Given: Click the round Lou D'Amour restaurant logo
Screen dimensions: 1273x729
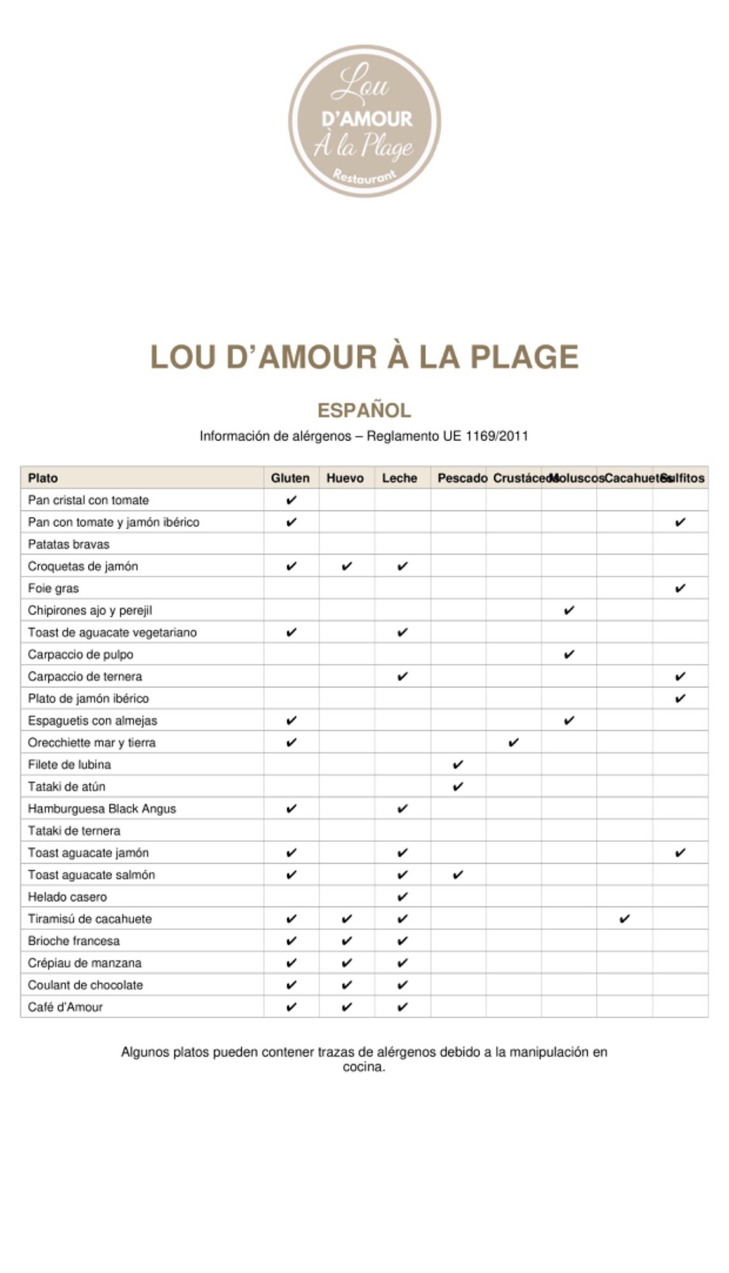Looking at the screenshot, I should (364, 121).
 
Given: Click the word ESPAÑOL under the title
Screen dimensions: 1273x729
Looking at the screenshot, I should (364, 410).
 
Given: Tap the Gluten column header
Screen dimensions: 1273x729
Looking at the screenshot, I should (290, 478).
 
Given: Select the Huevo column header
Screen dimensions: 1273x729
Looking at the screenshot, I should (345, 478).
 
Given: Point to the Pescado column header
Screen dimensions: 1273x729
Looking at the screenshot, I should (462, 478).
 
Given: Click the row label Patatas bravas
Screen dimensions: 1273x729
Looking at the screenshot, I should (69, 544).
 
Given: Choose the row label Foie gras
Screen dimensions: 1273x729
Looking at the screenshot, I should (53, 588).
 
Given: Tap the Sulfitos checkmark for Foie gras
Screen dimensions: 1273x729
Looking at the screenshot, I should (680, 588).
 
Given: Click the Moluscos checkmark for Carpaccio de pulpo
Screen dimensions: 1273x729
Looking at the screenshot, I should (569, 654).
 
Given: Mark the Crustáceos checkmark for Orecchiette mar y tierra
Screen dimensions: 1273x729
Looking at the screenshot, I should (514, 742).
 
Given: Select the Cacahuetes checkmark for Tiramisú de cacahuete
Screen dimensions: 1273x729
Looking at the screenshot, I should (625, 918).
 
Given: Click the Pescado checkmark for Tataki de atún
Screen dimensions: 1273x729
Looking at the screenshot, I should (458, 787).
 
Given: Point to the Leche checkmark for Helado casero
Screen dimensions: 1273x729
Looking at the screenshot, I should (402, 897).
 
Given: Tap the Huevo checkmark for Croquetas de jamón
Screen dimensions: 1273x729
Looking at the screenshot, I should (347, 566).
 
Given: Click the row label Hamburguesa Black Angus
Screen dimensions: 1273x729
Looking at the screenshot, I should (102, 809).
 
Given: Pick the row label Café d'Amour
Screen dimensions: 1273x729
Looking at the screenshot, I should (65, 1007).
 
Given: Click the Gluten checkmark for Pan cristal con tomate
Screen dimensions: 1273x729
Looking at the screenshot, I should (292, 500).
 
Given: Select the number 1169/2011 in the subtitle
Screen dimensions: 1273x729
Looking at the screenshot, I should (497, 436).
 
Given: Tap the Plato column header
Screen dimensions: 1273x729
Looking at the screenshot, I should (43, 478).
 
